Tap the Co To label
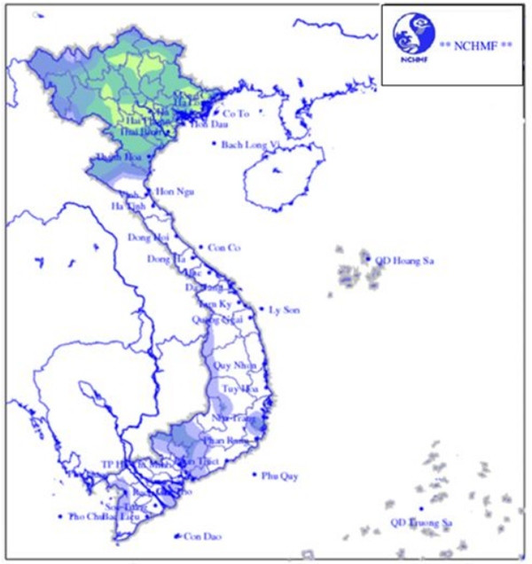[x=236, y=114]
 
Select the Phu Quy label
[x=280, y=476]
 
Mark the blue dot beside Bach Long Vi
[x=214, y=144]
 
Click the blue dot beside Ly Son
[x=262, y=309]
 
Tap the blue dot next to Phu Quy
[x=254, y=475]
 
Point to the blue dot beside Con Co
[x=201, y=247]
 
